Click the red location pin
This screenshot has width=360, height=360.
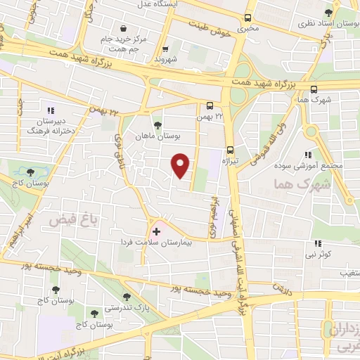(181, 165)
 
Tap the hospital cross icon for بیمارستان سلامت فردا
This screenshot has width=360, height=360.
(156, 231)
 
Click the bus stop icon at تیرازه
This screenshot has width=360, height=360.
(230, 149)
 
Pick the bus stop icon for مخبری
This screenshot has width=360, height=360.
(247, 19)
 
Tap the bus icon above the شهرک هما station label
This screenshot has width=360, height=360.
(313, 89)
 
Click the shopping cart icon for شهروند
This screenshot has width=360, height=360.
(166, 49)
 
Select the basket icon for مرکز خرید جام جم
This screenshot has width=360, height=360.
(124, 29)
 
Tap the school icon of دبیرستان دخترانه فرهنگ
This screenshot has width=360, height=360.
(50, 110)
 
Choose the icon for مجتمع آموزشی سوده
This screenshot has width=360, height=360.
(307, 155)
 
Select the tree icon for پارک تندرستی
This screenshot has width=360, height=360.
(127, 297)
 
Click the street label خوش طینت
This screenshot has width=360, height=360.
(210, 25)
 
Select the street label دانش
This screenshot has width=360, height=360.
(282, 288)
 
